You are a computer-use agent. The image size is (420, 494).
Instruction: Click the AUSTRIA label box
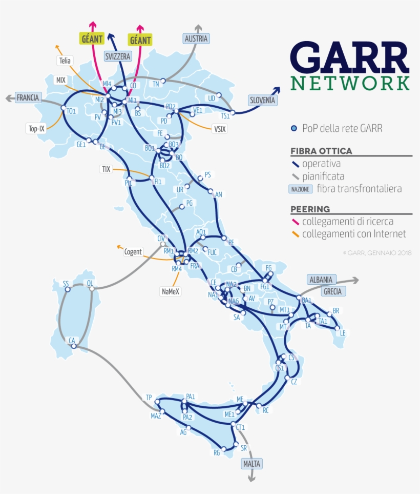197,38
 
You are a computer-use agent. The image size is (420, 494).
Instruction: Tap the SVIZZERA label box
118,56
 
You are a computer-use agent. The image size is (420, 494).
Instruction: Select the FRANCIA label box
28,97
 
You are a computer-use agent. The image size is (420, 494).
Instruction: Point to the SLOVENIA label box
262,101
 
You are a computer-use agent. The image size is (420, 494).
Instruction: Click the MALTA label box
251,464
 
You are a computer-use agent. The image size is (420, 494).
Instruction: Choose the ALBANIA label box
320,280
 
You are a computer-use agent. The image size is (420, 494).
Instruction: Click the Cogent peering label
133,252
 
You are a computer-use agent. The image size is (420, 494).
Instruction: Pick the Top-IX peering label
36,128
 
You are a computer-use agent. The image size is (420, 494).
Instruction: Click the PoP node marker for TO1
63,109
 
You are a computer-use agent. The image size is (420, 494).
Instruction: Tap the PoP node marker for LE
338,328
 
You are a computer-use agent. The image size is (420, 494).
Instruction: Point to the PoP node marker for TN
163,81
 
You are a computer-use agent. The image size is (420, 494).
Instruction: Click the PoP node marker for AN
211,192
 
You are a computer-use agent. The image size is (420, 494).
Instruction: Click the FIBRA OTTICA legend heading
321,151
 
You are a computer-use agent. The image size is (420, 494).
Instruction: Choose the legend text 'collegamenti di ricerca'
348,222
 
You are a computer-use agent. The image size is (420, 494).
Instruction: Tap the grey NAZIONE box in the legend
301,189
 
